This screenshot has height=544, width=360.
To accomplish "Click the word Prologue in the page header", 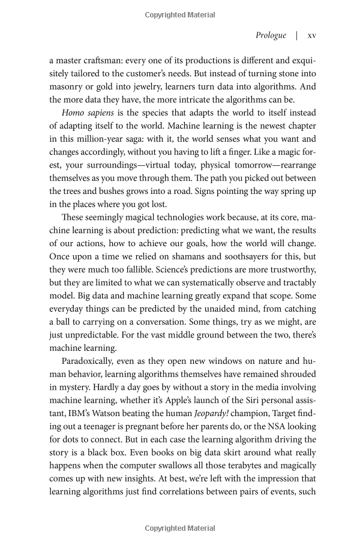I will (271, 35).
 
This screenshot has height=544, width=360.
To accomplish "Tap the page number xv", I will (311, 35).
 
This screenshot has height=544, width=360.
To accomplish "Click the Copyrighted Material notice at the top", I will (179, 15).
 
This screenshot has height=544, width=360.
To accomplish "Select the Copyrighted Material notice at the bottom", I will (179, 528).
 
